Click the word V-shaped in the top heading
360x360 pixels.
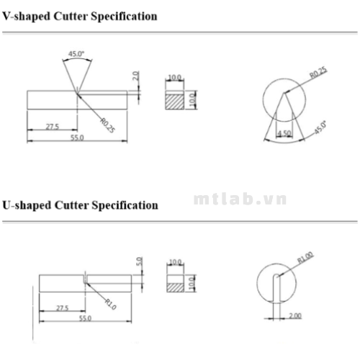pyautogui.click(x=26, y=17)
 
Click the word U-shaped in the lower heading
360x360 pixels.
pyautogui.click(x=27, y=205)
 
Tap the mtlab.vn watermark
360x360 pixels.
pyautogui.click(x=240, y=199)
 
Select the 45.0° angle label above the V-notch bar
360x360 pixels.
pyautogui.click(x=76, y=54)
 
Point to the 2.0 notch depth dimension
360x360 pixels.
pyautogui.click(x=135, y=76)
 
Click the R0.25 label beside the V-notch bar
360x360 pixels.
pyautogui.click(x=107, y=125)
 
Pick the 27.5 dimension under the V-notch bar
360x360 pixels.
pyautogui.click(x=53, y=127)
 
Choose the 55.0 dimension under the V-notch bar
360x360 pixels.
pyautogui.click(x=77, y=138)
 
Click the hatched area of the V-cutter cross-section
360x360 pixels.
pyautogui.click(x=175, y=102)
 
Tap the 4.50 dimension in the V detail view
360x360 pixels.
pyautogui.click(x=284, y=133)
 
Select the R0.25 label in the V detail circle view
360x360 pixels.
pyautogui.click(x=318, y=73)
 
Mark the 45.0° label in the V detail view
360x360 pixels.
pyautogui.click(x=320, y=127)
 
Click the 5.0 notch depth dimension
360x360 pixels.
pyautogui.click(x=139, y=261)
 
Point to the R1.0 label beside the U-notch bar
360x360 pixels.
pyautogui.click(x=111, y=304)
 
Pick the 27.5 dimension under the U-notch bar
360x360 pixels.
pyautogui.click(x=63, y=308)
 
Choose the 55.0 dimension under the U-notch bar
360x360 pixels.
pyautogui.click(x=86, y=318)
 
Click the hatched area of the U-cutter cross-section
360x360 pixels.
pyautogui.click(x=176, y=287)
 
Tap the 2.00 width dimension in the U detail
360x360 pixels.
pyautogui.click(x=295, y=315)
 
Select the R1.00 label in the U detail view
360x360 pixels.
pyautogui.click(x=305, y=257)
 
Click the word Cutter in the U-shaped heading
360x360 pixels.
pyautogui.click(x=71, y=205)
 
